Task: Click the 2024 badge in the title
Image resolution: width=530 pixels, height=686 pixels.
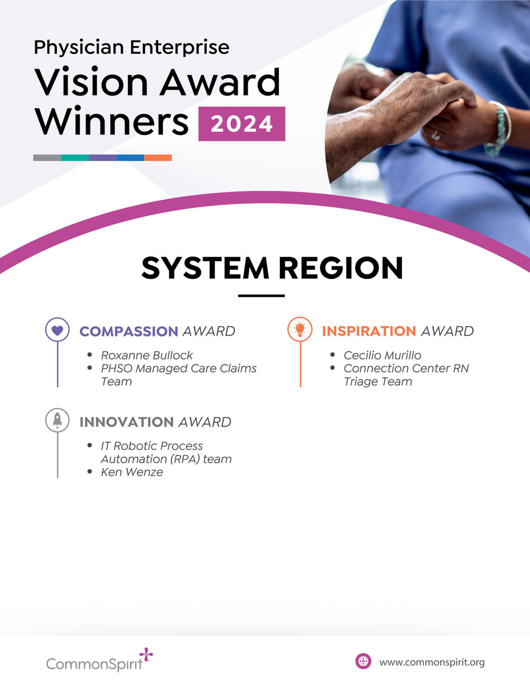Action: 241,124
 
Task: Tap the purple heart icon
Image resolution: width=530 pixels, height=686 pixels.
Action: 57,330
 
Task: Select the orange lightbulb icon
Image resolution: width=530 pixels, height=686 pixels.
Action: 300,329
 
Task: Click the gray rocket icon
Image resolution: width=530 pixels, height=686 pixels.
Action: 57,420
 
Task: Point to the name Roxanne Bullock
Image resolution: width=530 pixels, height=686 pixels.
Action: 147,355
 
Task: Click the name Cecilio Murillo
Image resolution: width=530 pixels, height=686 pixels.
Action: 382,355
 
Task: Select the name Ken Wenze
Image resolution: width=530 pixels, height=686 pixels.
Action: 132,472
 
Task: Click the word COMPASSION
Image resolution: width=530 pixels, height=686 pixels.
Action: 128,331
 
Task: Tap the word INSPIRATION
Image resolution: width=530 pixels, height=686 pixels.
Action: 369,331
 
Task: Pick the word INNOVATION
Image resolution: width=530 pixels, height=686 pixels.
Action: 126,422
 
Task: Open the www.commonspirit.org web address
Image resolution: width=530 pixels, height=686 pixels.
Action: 432,662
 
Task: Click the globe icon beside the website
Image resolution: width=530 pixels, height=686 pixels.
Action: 363,661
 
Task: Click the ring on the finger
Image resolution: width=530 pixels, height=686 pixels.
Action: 435,134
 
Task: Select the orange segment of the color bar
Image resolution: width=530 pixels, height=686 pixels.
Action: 158,158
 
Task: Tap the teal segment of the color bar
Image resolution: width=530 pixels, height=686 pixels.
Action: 75,158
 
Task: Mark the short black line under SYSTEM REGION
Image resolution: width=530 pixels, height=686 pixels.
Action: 261,295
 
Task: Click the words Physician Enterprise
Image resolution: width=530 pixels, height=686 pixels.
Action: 132,47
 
